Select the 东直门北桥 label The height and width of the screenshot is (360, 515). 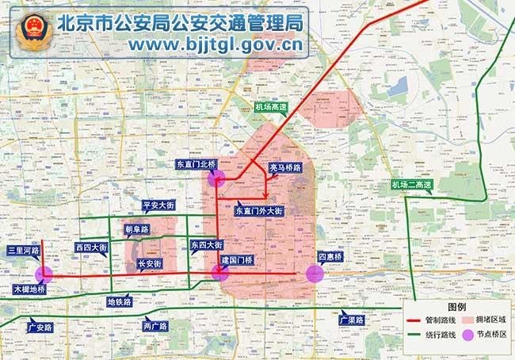[195, 164]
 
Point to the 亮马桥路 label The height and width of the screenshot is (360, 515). [286, 168]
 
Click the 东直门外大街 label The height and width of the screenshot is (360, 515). [259, 211]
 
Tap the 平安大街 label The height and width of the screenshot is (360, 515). [157, 205]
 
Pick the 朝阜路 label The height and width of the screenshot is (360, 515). [137, 229]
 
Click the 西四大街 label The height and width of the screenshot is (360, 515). [91, 247]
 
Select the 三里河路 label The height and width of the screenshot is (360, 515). [21, 251]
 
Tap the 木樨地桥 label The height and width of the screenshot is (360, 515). [29, 289]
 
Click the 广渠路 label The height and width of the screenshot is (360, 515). [349, 320]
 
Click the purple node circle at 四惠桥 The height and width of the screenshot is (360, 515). [315, 274]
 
